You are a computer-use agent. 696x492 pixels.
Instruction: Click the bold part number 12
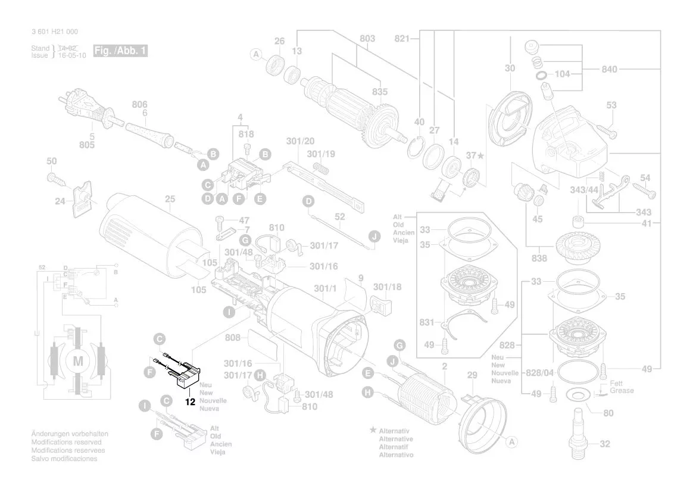191,402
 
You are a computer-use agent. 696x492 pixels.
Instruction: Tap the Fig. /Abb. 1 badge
120,51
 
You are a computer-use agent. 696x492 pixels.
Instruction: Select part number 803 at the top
367,39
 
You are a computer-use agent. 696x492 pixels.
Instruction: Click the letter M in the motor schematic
78,361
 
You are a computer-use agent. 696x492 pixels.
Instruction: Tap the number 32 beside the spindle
605,444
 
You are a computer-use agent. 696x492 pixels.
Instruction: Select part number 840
610,70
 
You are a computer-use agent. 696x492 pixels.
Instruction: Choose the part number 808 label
233,338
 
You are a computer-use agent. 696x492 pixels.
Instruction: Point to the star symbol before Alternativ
373,429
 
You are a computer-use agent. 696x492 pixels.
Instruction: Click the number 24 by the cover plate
60,201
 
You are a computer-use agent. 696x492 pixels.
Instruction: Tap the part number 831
425,322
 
